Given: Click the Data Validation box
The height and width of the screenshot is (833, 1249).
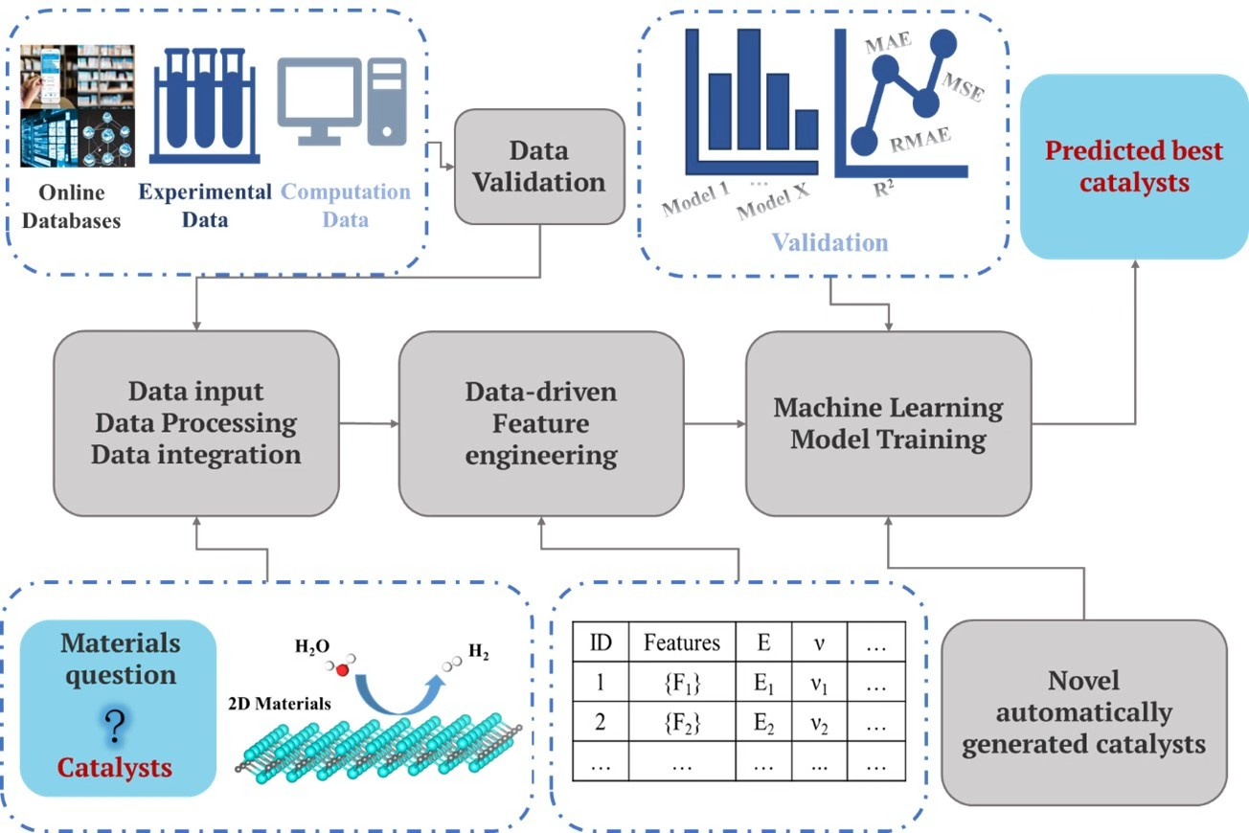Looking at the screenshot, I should [538, 167].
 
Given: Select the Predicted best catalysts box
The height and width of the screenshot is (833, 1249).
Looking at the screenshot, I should [1134, 167].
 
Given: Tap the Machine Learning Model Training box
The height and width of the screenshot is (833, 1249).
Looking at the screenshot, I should [888, 423].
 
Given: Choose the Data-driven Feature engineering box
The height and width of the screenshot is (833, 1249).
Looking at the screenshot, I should [541, 423].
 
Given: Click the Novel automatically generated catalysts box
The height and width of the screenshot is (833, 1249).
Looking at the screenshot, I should [1083, 711].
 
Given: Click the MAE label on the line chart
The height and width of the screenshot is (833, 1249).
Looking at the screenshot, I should [889, 45].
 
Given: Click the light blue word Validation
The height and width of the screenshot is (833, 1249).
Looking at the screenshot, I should [831, 241].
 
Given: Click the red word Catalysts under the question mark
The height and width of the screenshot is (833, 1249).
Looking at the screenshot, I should [115, 767].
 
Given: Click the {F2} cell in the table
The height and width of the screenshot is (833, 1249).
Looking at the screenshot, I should [682, 723].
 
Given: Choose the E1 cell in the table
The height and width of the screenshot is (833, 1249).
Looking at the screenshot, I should [763, 684].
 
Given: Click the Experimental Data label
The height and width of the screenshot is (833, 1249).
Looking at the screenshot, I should [205, 205].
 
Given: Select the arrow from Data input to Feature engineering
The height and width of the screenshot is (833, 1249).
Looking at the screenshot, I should [369, 423].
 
